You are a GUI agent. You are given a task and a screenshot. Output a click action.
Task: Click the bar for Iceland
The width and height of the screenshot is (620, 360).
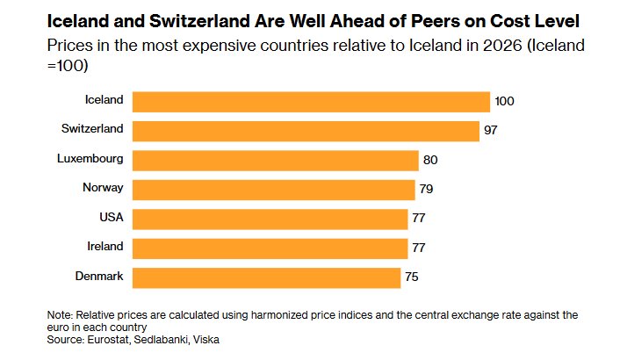point(311,102)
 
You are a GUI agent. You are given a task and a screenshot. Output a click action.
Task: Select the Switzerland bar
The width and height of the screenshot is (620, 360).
point(306,131)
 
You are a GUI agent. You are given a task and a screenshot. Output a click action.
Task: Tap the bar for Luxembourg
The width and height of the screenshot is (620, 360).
point(275,161)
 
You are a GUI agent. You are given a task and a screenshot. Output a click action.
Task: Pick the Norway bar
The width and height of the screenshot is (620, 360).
point(274,190)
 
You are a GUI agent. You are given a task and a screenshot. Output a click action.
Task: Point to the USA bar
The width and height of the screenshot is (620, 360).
point(270,219)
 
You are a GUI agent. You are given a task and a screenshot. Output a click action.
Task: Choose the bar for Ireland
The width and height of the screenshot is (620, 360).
point(270,248)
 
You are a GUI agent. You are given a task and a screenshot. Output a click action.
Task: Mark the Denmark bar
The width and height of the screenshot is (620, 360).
point(266,277)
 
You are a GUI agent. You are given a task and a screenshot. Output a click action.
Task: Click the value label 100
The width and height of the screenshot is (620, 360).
point(504,101)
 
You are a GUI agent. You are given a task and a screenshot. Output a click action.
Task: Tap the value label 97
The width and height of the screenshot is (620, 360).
point(490,130)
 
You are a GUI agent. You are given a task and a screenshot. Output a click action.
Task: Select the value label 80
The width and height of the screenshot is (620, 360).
point(430,160)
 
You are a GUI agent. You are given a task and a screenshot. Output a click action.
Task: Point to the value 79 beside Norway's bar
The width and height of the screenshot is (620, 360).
point(426,189)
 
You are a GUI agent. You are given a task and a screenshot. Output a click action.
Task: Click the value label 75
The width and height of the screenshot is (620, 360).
point(412,277)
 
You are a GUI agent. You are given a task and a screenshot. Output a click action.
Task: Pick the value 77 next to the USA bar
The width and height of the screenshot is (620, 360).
point(419,218)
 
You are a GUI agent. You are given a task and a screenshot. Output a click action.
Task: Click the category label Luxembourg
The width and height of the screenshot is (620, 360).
point(90,158)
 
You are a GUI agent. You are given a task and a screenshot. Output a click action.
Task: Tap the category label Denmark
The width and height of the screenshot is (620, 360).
point(99,276)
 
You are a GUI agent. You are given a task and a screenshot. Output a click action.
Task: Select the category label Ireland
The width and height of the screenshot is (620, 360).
point(105,246)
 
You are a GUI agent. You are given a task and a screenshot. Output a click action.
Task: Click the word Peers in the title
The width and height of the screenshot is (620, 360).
point(436,21)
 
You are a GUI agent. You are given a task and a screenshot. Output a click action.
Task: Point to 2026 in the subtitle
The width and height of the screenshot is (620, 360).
point(502,46)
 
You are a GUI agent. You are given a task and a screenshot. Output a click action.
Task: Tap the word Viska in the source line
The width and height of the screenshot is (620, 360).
point(206,340)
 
